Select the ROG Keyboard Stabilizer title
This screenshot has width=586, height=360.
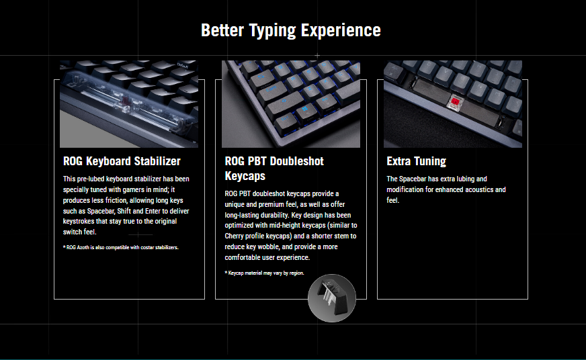122,161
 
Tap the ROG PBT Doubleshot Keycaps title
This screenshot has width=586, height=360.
274,169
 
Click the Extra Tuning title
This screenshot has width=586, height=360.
417,161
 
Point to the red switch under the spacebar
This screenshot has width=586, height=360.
455,101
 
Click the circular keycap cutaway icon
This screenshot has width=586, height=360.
332,298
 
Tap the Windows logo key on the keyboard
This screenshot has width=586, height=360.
304,109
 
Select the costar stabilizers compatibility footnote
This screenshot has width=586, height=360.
121,247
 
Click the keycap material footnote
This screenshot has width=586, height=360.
264,273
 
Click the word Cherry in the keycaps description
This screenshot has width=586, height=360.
234,236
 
